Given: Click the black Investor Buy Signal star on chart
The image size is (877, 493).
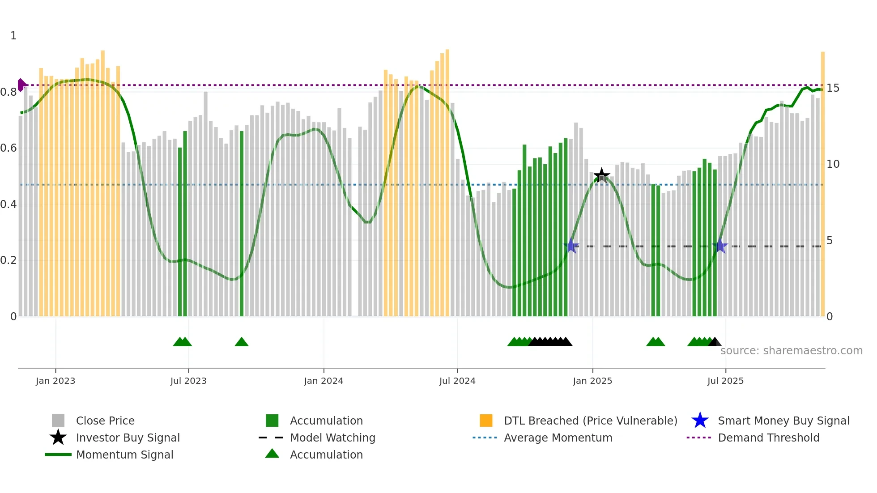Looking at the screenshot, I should coord(601,175).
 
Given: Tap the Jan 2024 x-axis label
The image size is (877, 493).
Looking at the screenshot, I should coord(324,381).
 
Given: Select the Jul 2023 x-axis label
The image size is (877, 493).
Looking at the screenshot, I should coord(188,381).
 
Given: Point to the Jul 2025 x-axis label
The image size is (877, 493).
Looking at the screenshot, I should coord(725,381).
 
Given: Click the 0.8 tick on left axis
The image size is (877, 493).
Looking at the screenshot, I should coord(9,92).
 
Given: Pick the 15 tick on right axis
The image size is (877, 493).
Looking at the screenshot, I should coord(833,88).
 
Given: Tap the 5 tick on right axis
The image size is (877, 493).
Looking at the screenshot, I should coord(830,241).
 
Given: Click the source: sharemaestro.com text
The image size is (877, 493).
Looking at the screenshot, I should coord(791,351).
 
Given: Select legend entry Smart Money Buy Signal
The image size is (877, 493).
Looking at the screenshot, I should coord(783,421).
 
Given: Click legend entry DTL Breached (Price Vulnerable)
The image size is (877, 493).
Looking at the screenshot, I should coord(590,421).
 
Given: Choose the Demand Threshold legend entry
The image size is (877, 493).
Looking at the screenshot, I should coord(768,438).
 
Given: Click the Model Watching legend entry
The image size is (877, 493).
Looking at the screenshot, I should coord(332,438).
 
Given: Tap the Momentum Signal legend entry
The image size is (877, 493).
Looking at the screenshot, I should coord(124,455).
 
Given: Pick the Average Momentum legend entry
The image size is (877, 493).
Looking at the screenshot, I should coord(558,438).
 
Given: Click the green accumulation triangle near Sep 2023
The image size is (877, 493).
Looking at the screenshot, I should coord(242,342).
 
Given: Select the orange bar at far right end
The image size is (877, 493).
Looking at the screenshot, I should coord(822,183).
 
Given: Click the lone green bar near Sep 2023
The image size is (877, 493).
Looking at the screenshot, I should coord(242,224).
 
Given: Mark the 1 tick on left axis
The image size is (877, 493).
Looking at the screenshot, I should coord(13,36).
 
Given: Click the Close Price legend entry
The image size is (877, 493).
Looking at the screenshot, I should coord(105,421).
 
